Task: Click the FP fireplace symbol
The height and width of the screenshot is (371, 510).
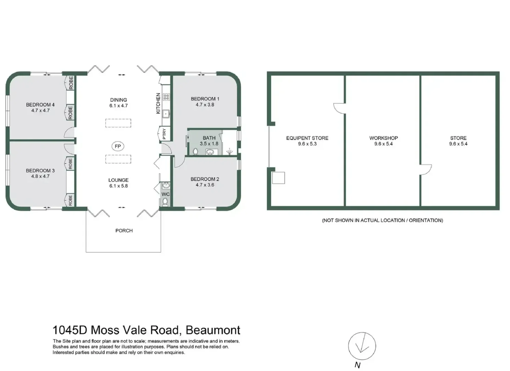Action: click(118, 146)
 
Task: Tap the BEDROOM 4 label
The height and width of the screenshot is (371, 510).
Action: click(40, 105)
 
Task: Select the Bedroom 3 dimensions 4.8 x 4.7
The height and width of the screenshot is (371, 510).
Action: click(40, 176)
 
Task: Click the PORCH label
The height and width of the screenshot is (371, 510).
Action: click(124, 231)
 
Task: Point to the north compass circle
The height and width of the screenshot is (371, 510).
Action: click(362, 346)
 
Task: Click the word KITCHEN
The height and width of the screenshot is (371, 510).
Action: click(158, 103)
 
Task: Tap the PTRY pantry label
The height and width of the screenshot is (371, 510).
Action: click(164, 134)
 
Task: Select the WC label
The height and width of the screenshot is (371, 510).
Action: click(166, 194)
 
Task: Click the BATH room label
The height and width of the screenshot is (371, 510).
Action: click(209, 138)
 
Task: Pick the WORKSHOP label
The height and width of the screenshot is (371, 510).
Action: click(384, 138)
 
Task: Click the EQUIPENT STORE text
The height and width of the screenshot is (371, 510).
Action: click(307, 138)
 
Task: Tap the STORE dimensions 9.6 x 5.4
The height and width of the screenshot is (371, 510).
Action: click(458, 144)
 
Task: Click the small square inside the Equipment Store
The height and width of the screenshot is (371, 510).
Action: click(278, 178)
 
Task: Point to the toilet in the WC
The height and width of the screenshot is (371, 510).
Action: click(165, 202)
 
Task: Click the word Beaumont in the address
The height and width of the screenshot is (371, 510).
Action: click(213, 330)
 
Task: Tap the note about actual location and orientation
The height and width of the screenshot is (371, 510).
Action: click(382, 220)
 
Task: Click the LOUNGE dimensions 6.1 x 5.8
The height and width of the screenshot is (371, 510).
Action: click(118, 186)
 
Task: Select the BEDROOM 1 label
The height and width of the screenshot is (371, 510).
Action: click(205, 99)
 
